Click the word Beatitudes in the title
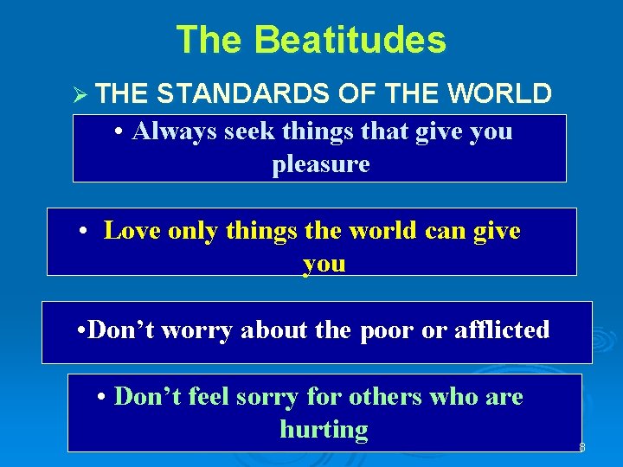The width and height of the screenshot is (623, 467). click(350, 40)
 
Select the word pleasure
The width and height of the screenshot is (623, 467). click(320, 164)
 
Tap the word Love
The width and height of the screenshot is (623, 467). click(132, 230)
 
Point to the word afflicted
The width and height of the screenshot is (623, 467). click(502, 329)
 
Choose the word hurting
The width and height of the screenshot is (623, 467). click(324, 429)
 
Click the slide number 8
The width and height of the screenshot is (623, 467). click(581, 447)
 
